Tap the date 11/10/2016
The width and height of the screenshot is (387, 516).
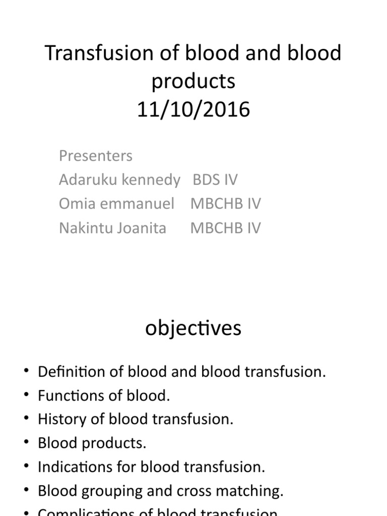(x=193, y=109)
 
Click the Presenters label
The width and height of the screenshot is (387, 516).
(x=96, y=156)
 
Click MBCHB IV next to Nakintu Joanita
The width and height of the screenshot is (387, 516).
(x=225, y=228)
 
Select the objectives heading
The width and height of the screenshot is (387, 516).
(x=193, y=328)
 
